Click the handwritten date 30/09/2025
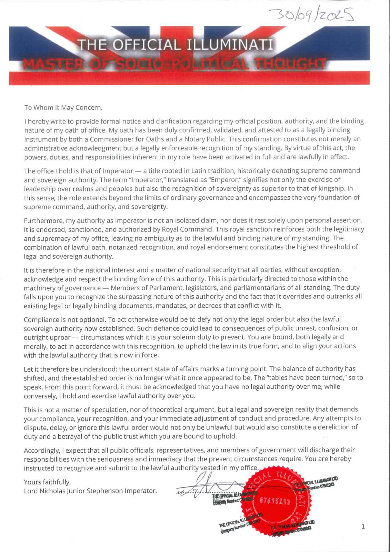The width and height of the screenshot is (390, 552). pyautogui.click(x=312, y=15)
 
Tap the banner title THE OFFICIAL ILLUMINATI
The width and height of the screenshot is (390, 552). pyautogui.click(x=175, y=45)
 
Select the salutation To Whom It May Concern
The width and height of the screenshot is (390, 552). pyautogui.click(x=63, y=107)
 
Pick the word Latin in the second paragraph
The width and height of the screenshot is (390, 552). pyautogui.click(x=201, y=171)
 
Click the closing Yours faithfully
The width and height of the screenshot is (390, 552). pyautogui.click(x=47, y=482)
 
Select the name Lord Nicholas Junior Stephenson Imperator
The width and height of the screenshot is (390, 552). pyautogui.click(x=90, y=491)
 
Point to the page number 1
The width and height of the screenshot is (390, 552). pyautogui.click(x=363, y=526)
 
